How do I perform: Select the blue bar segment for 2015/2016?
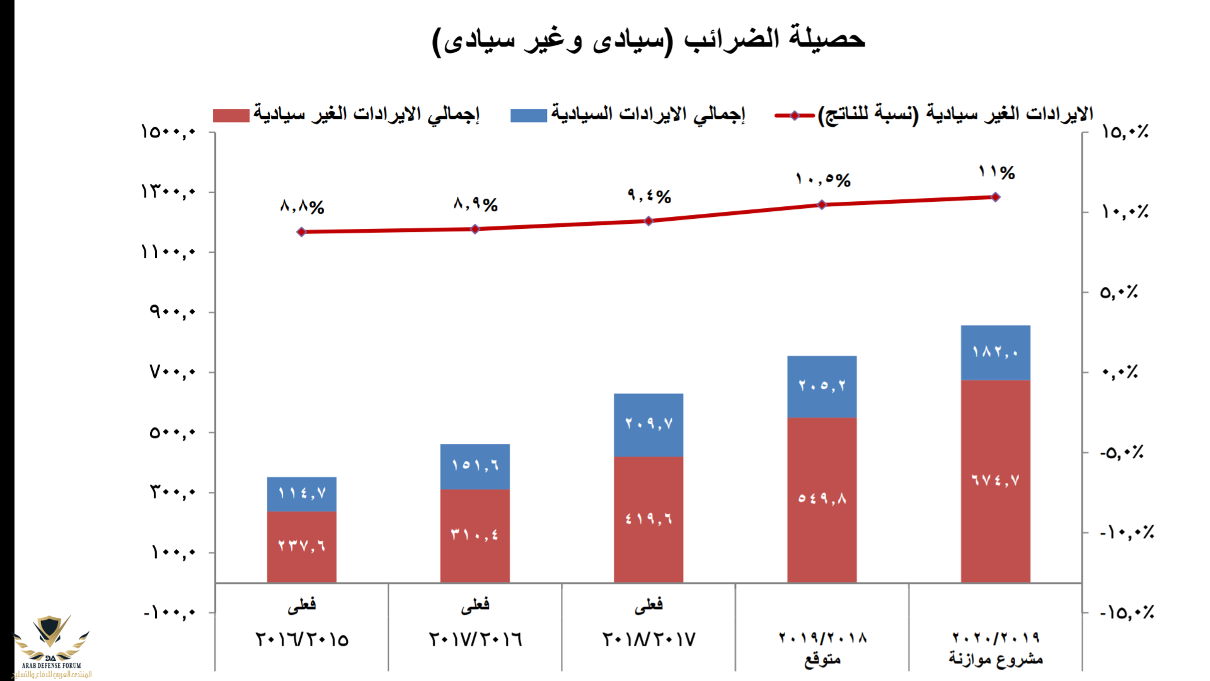(301, 494)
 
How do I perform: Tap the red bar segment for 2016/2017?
(475, 535)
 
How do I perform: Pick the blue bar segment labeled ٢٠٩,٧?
(648, 424)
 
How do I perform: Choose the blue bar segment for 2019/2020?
(995, 352)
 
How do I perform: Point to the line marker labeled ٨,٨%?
(301, 232)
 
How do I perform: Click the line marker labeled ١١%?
(996, 197)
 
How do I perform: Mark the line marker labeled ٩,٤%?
(648, 221)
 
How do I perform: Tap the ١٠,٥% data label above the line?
(823, 180)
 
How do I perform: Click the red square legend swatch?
(231, 115)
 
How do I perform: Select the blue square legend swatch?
(528, 115)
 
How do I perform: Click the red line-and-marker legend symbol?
(794, 115)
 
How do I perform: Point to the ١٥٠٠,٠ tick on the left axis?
(168, 132)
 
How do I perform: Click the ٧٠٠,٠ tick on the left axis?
(172, 372)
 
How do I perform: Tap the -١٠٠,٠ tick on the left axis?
(169, 612)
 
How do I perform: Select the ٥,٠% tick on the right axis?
(1119, 292)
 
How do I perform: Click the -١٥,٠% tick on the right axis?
(1127, 612)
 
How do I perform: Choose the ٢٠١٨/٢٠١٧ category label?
(648, 639)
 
